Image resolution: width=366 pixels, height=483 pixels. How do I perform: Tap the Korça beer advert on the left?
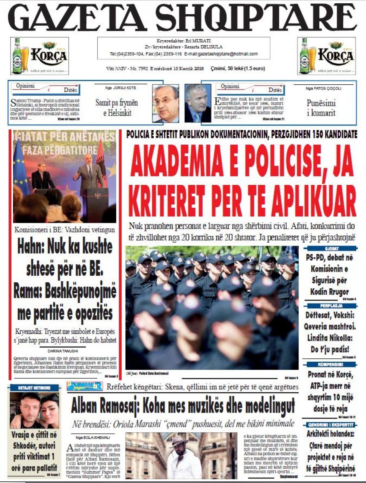39,56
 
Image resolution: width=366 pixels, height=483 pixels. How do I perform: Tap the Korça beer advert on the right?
326,56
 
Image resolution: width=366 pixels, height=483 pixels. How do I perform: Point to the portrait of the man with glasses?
166,104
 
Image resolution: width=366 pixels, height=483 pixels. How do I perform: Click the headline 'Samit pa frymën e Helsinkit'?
116,108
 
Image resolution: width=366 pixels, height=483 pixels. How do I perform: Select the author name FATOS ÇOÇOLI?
324,88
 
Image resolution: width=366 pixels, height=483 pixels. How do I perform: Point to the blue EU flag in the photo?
21,163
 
